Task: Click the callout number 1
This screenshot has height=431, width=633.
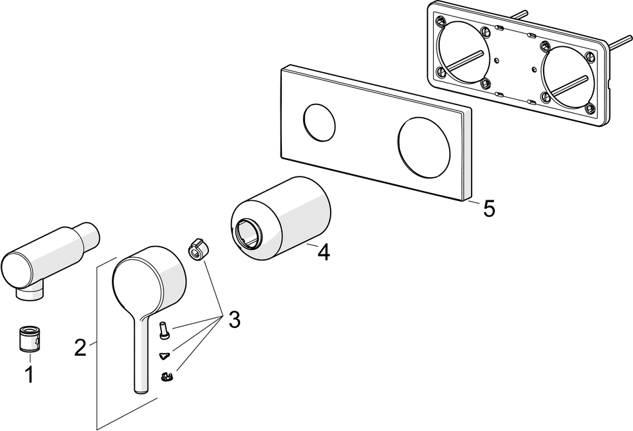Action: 29,375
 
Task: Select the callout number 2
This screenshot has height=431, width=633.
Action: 81,347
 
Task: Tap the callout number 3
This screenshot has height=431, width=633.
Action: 233,320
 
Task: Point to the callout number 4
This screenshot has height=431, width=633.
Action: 322,252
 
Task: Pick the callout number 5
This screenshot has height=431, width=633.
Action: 488,208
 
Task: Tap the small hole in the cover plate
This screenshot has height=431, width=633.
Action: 319,121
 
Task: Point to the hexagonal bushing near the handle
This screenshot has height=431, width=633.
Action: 197,249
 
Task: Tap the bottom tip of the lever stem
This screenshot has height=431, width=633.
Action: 140,390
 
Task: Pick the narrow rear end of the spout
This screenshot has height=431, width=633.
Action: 88,235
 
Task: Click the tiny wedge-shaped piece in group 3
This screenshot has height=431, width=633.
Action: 164,356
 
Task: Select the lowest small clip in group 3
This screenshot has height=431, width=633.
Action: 167,377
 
